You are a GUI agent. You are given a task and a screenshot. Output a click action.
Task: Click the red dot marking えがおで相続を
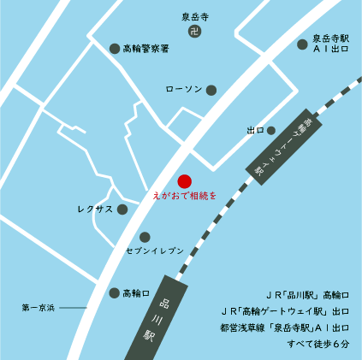click(183, 181)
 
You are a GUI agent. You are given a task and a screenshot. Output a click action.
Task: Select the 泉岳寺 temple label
click(195, 16)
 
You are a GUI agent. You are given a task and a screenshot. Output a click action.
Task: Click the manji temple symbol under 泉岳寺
click(195, 32)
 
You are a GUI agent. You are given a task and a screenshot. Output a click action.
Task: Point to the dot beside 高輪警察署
click(115, 49)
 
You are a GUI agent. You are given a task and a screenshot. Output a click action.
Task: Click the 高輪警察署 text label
click(146, 49)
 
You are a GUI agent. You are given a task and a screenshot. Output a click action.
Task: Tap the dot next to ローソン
click(211, 90)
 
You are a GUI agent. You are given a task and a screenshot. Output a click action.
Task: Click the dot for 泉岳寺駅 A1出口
click(301, 44)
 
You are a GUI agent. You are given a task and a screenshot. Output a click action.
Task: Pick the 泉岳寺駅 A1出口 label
click(330, 44)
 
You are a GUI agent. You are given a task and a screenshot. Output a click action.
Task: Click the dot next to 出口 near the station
click(271, 131)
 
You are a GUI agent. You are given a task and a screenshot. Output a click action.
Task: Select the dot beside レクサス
click(122, 209)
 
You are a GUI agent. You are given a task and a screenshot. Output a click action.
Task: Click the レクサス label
click(94, 209)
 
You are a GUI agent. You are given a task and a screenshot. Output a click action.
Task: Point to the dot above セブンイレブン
click(145, 237)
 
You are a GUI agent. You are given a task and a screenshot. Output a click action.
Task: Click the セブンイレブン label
click(155, 250)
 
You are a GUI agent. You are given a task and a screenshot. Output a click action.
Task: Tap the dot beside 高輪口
click(115, 293)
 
